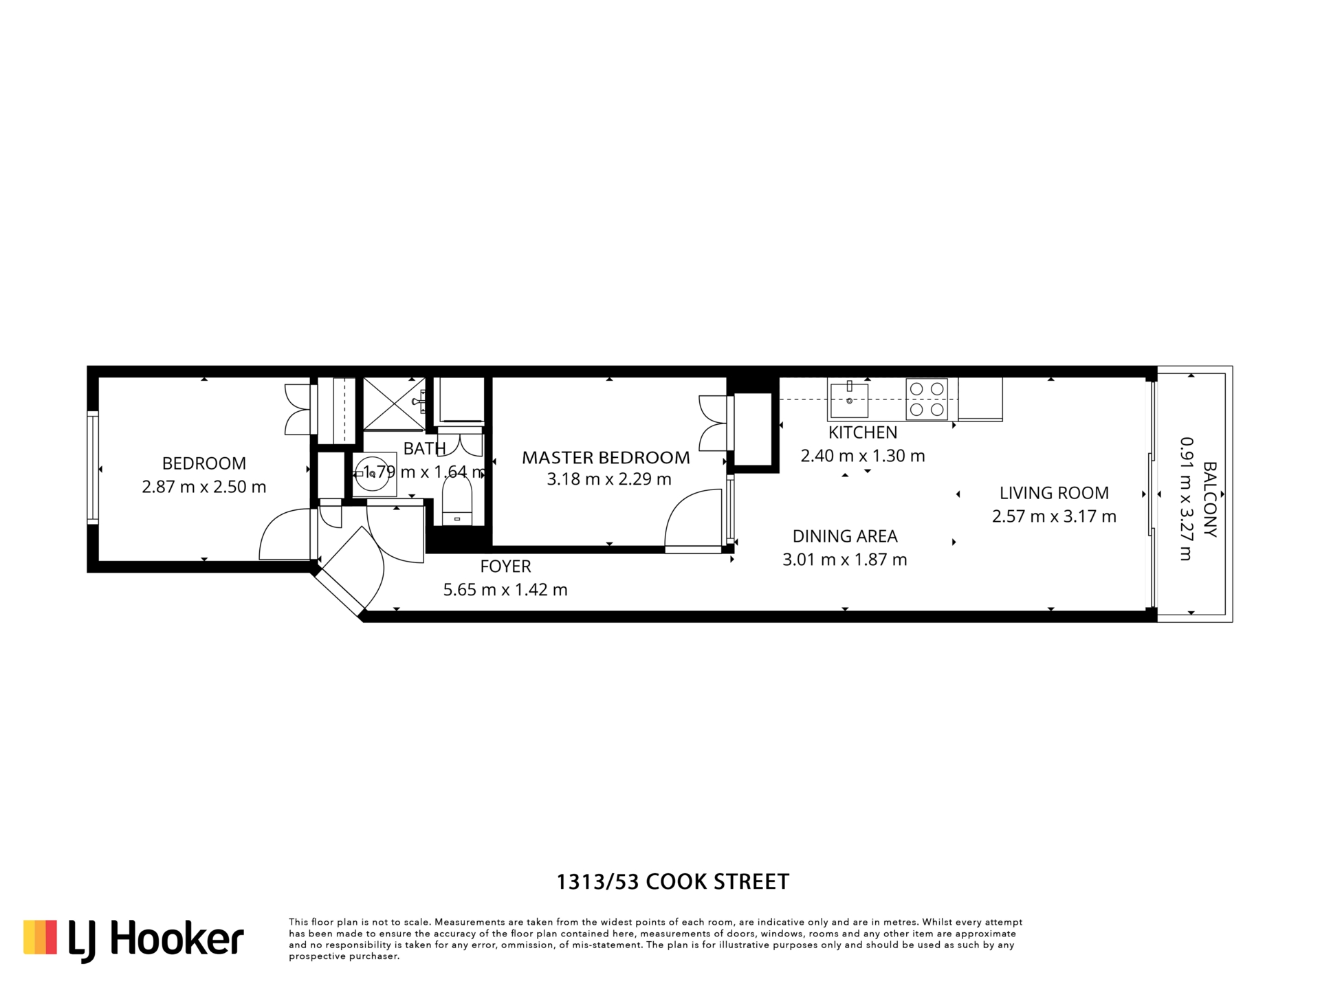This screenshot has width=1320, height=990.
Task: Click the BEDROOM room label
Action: click(203, 463)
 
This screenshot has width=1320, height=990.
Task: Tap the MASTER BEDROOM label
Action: click(606, 457)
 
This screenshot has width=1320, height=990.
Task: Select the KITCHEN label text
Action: click(863, 432)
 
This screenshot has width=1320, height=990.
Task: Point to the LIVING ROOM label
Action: click(1054, 493)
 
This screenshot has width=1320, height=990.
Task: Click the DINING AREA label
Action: click(845, 536)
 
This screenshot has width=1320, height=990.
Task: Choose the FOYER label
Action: click(505, 566)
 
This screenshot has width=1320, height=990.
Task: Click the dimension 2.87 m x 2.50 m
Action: click(203, 487)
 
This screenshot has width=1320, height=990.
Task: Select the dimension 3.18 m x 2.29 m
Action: click(608, 479)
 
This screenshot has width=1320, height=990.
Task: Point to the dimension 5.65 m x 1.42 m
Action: click(505, 590)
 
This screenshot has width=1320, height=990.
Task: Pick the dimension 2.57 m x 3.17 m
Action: click(1054, 516)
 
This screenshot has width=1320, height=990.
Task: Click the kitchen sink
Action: click(849, 400)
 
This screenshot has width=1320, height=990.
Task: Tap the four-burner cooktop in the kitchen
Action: click(927, 399)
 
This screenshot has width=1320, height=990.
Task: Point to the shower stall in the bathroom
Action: click(394, 404)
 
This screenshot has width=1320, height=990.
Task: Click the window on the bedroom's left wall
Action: click(93, 467)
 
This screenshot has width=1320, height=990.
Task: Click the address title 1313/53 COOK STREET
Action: click(672, 882)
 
